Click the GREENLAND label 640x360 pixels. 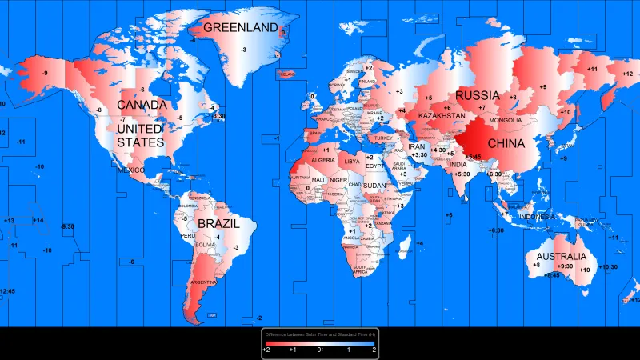(x=239, y=27)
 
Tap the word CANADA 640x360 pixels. (x=142, y=105)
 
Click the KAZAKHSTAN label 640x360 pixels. (x=436, y=117)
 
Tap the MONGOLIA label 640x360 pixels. (x=505, y=121)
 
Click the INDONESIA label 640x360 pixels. (x=537, y=217)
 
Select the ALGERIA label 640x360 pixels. (x=322, y=161)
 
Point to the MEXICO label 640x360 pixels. (x=130, y=170)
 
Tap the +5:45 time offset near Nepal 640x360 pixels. (x=474, y=157)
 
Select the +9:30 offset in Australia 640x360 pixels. (x=565, y=266)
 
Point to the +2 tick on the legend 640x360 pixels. (x=267, y=350)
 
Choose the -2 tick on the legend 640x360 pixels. (x=372, y=350)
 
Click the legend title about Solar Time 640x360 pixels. (x=320, y=334)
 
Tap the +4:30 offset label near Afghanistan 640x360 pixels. (x=438, y=150)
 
